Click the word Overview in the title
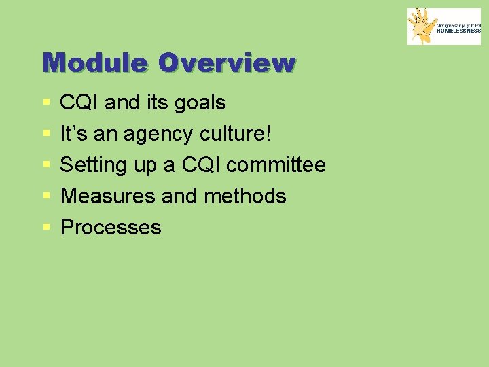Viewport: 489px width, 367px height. point(227,63)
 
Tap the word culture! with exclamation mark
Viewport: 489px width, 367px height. point(235,134)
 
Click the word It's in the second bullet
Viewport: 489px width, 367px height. point(73,134)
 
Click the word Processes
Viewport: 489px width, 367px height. point(111,228)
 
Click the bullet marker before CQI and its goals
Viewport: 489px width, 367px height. point(46,103)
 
